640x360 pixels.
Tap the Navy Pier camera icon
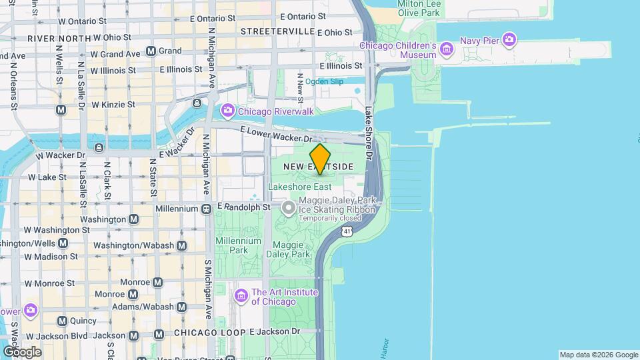click(509, 40)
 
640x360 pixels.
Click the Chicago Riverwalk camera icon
click(227, 110)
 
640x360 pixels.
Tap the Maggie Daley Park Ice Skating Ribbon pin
click(289, 209)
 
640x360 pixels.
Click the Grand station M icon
click(151, 51)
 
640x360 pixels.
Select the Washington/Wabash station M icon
click(181, 245)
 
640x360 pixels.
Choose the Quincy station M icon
click(62, 321)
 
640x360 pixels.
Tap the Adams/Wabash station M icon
click(181, 307)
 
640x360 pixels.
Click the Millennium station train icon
click(207, 209)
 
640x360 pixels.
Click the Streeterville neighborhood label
click(277, 31)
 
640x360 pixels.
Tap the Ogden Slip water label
click(324, 81)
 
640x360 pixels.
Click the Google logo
click(22, 351)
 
